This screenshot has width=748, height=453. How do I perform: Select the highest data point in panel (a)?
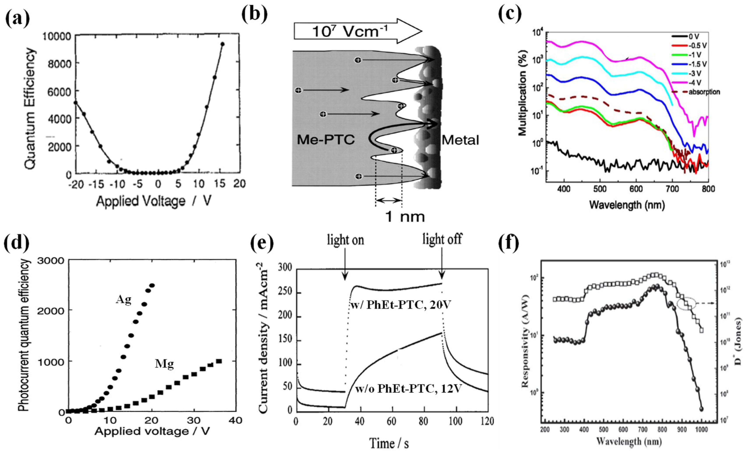click(x=222, y=44)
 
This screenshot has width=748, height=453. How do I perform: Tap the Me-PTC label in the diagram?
click(x=325, y=139)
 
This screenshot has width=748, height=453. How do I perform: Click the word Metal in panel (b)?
click(x=460, y=140)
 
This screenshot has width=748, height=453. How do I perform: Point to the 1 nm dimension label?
click(x=405, y=217)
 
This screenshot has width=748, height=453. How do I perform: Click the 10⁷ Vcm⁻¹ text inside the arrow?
click(x=349, y=31)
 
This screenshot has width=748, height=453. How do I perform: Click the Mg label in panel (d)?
click(x=164, y=364)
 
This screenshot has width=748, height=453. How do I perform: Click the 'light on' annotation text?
click(x=345, y=240)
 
